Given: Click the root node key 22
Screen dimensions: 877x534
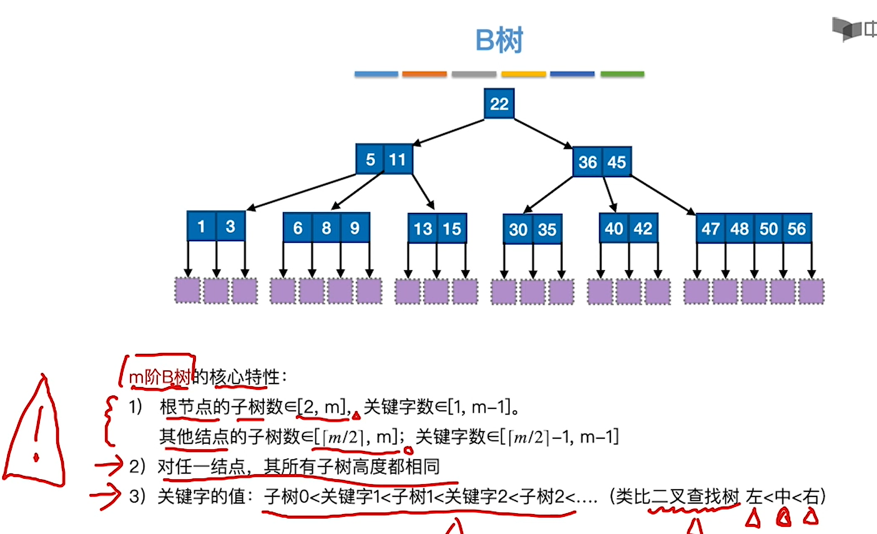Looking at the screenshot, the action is (x=499, y=103).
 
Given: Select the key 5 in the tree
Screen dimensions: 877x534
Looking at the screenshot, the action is (x=370, y=159).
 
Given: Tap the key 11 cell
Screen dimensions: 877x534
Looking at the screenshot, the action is (x=398, y=159).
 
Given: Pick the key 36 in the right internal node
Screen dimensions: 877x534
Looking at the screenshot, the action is (x=587, y=162).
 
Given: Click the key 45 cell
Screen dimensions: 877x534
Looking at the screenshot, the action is (x=616, y=162).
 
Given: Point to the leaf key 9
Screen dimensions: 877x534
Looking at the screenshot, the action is (x=355, y=228).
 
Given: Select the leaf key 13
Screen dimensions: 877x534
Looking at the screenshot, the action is (x=422, y=229).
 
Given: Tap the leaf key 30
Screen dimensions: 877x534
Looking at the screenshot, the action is (x=518, y=230).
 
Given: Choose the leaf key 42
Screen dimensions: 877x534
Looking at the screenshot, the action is (x=644, y=228).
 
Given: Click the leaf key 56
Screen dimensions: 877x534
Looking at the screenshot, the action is (x=797, y=229).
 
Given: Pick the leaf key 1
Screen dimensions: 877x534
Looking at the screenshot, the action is (x=201, y=226).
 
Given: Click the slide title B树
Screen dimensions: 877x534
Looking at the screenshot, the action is (x=499, y=40).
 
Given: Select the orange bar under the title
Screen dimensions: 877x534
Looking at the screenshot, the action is (x=424, y=74).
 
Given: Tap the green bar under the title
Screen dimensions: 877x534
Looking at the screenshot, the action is (x=622, y=74).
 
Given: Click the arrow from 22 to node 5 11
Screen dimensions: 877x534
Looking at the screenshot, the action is (x=449, y=133).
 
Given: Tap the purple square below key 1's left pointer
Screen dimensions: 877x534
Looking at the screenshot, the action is (x=188, y=291).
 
